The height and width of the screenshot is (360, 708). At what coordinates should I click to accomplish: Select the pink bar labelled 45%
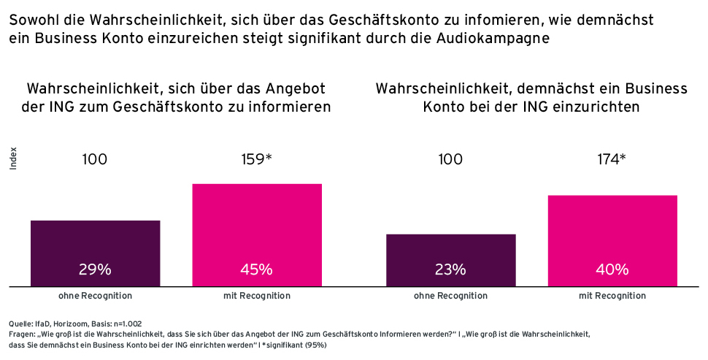(x=256, y=226)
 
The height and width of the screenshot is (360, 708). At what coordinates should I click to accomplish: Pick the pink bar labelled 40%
(x=612, y=234)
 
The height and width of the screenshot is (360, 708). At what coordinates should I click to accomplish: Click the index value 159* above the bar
(x=256, y=158)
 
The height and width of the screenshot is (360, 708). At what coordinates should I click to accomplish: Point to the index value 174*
(x=612, y=158)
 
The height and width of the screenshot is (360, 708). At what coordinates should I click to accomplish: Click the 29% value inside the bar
(x=95, y=269)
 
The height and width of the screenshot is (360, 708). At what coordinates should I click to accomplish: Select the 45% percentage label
(x=256, y=269)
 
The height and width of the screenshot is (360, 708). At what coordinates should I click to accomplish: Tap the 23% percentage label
(x=450, y=269)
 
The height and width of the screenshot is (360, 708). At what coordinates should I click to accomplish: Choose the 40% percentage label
(x=612, y=269)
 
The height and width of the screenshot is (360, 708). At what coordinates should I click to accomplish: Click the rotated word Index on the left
(x=13, y=160)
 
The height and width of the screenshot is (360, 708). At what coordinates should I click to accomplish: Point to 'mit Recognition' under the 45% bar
(x=256, y=296)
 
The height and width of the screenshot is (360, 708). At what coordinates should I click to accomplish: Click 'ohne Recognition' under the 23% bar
(x=450, y=296)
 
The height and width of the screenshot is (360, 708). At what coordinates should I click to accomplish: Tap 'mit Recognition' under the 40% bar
(x=612, y=296)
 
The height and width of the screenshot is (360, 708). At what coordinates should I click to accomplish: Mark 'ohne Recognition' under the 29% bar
(x=95, y=296)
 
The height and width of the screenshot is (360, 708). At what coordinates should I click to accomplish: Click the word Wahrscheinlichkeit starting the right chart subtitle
(x=445, y=88)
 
